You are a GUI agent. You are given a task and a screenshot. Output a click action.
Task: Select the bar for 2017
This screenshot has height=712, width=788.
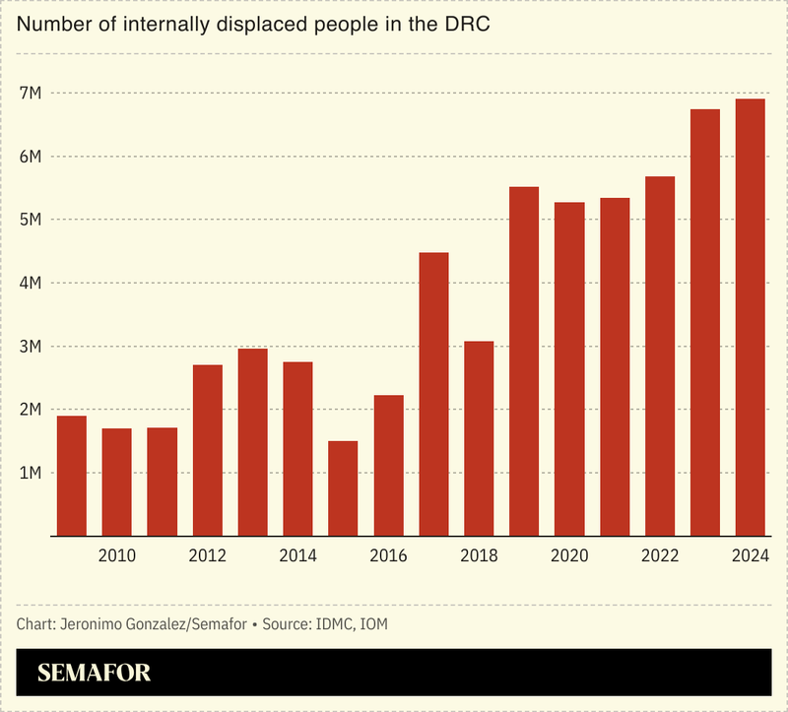click(433, 394)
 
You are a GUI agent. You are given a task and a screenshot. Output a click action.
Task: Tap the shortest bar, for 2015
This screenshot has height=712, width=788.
click(343, 488)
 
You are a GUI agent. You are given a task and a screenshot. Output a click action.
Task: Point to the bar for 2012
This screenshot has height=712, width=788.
click(208, 450)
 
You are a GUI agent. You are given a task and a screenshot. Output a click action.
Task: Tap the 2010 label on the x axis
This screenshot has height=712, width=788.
click(117, 556)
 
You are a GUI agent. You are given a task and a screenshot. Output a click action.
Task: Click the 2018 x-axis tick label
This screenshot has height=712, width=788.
click(479, 556)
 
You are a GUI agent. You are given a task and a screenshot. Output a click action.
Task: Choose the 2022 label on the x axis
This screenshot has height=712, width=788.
click(660, 556)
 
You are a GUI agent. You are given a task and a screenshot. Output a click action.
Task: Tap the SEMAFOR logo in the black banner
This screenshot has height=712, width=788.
click(95, 674)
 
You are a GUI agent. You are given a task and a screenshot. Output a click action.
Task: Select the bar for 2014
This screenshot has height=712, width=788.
click(297, 449)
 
